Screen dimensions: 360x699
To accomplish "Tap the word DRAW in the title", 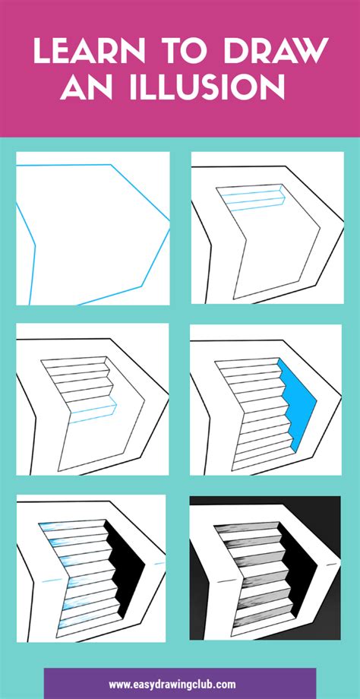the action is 276,51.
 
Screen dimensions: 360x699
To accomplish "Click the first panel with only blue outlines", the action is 93,228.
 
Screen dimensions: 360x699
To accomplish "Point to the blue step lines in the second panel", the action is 254,200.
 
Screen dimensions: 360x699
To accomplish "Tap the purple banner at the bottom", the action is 180,683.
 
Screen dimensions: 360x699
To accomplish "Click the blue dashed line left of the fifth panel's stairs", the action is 52,581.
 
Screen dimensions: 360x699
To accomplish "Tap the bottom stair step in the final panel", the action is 263,625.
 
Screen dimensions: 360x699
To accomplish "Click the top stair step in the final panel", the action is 246,526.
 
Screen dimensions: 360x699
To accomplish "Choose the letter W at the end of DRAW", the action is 312,51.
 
